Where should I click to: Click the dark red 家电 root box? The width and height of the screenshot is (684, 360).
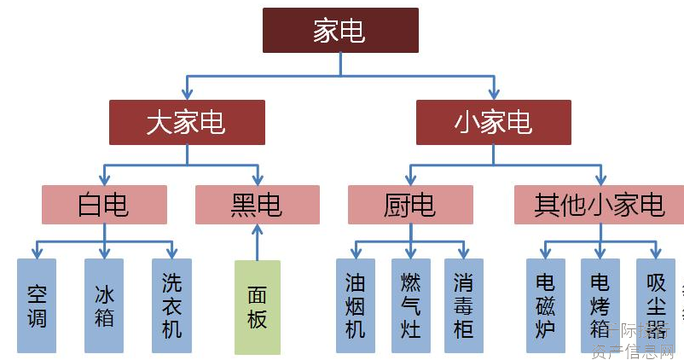pos(340,31)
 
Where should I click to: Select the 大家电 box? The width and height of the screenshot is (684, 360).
pos(187,122)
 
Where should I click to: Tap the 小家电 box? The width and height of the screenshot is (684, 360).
pos(494,122)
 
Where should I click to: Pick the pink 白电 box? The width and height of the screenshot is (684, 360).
pos(104,205)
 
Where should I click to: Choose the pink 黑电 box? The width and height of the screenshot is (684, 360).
pos(257,205)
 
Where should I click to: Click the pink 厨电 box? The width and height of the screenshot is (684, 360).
pos(410,205)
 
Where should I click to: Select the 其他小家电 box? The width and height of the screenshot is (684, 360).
pos(599,205)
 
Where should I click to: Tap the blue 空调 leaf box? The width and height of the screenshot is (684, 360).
pos(37,305)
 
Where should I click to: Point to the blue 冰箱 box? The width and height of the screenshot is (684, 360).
pos(104,305)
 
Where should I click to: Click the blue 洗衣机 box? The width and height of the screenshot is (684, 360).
pos(171,305)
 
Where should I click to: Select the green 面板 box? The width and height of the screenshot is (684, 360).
pos(257,307)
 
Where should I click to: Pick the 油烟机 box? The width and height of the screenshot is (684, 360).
pos(356,305)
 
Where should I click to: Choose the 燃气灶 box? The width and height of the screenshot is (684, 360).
pos(411,305)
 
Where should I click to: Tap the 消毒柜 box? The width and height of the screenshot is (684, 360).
pos(464,305)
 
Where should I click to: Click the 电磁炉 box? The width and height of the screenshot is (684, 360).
pos(545,305)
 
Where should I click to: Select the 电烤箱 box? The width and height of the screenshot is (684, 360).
pos(600,305)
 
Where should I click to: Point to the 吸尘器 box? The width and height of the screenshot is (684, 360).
pos(656,305)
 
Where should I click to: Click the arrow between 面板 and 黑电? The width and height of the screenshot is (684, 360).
pos(257,242)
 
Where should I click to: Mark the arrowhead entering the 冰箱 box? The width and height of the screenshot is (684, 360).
pos(104,253)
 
